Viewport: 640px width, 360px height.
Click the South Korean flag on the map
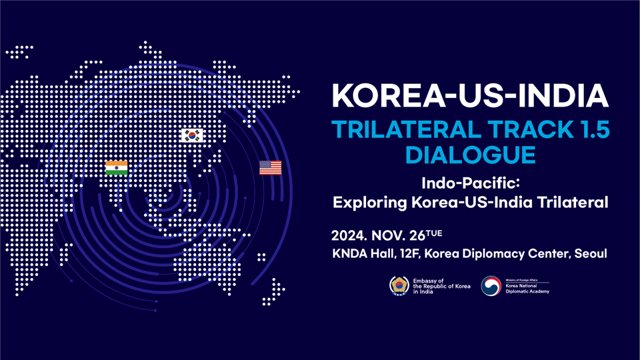click(x=192, y=135)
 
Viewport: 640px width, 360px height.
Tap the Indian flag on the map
click(x=116, y=167)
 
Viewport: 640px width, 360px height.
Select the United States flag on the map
click(x=270, y=167)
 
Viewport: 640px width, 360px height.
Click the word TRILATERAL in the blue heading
click(x=407, y=129)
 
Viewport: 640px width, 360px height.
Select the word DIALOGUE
click(x=470, y=155)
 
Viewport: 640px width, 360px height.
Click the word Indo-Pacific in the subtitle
click(x=471, y=183)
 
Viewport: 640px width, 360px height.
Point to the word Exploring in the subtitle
click(x=370, y=203)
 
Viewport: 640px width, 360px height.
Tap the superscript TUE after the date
click(x=434, y=233)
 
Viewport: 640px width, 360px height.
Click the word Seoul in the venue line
click(x=591, y=253)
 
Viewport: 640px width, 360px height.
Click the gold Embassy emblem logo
click(x=399, y=286)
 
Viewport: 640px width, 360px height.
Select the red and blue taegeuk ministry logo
click(x=491, y=286)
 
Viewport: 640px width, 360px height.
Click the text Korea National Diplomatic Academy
click(x=527, y=289)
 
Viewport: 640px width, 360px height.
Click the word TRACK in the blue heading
click(x=528, y=129)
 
